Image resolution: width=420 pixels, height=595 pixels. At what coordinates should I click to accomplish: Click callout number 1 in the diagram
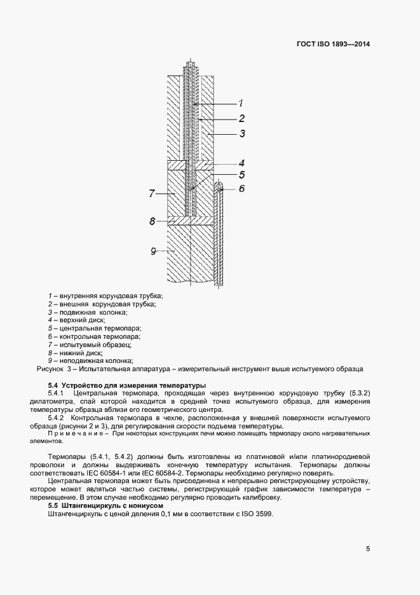[241, 103]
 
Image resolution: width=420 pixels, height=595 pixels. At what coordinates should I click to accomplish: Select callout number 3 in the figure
[242, 133]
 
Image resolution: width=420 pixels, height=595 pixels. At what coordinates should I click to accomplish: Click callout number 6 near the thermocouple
[242, 189]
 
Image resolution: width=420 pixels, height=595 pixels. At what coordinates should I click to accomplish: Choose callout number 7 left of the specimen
[152, 193]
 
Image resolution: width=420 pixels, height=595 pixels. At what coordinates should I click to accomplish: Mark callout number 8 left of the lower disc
[152, 221]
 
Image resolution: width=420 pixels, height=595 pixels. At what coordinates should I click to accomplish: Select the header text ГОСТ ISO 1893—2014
[333, 44]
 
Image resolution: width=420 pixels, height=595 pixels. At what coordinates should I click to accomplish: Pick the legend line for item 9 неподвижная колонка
[95, 360]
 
